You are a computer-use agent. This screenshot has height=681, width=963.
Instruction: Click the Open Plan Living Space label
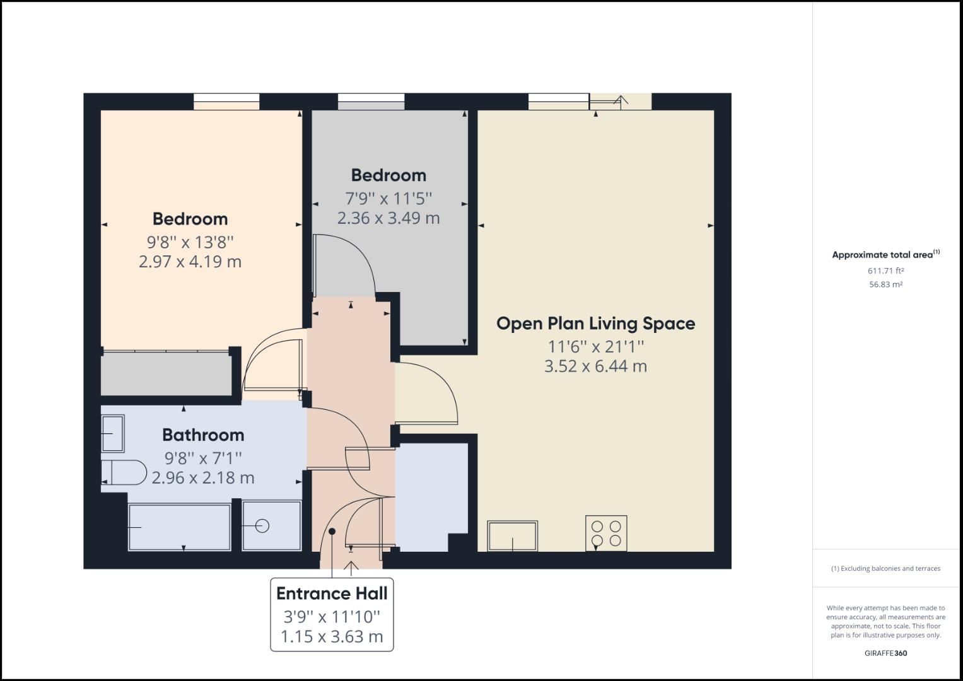595,323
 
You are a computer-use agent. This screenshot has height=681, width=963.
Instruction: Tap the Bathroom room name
203,435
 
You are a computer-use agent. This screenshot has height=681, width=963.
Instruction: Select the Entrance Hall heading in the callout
332,593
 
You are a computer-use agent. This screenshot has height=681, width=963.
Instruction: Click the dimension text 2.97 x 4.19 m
190,262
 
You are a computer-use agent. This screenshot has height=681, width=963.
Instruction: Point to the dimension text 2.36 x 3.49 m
388,218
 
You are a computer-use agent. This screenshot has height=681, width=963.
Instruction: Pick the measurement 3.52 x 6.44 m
595,366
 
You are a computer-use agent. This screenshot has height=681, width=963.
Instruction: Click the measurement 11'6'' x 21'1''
595,347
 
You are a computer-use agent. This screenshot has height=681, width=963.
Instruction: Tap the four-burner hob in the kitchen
606,533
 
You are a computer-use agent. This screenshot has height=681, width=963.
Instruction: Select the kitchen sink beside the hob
512,536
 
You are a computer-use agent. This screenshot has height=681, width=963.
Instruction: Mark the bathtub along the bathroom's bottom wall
179,527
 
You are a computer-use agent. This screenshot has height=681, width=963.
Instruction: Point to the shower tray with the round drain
272,526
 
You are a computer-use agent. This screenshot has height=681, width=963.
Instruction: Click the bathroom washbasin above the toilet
113,433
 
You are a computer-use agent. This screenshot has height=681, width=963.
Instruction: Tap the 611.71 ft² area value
885,271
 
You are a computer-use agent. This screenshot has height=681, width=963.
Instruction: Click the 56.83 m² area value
885,284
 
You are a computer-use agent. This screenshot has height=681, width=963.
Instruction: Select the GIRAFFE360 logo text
885,653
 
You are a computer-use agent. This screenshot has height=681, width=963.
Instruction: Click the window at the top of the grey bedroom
371,102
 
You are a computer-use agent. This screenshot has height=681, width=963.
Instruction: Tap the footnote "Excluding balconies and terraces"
885,569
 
